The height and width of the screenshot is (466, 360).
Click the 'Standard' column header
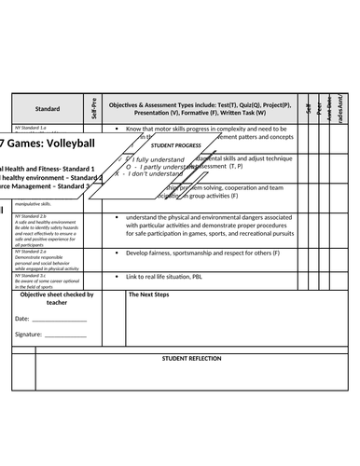click(48, 109)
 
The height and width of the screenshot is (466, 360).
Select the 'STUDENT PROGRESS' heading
click(176, 146)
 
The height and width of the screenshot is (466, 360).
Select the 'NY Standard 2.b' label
click(31, 216)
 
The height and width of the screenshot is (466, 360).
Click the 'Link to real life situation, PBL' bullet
click(164, 277)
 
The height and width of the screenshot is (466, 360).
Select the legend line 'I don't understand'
click(154, 173)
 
